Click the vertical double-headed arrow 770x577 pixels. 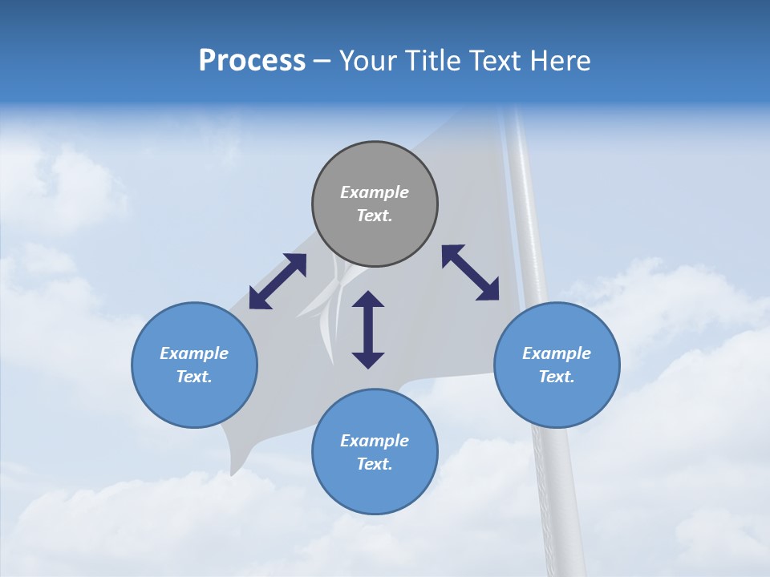[368, 329]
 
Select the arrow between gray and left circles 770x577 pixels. [278, 281]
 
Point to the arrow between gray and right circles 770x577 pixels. [470, 272]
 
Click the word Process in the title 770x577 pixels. [252, 61]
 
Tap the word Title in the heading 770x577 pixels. [434, 61]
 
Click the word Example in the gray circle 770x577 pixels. [375, 192]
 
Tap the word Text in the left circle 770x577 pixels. [194, 377]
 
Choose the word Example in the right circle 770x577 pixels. [557, 353]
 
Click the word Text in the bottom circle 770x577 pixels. [375, 464]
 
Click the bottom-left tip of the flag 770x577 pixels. [233, 473]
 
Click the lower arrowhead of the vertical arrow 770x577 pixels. [368, 360]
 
